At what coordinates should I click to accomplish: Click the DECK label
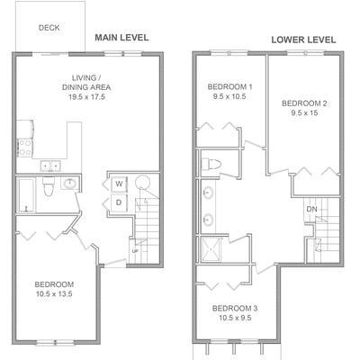point(49,28)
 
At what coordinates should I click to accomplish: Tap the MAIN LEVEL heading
point(121,38)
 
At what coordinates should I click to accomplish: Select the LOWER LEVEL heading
point(303,40)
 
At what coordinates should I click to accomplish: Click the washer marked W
point(119,184)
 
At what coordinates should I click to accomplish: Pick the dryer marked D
point(119,202)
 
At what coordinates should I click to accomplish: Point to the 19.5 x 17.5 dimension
point(86,97)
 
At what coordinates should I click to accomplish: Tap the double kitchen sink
point(50,166)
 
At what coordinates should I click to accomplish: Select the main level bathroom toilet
point(48,186)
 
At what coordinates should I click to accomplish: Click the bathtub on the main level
point(26,194)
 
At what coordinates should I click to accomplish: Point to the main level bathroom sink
point(70,183)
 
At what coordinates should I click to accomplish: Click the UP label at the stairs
point(135,250)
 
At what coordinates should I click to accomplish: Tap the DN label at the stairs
point(312,209)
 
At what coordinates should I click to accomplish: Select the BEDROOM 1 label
point(229,87)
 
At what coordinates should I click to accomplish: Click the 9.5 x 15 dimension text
point(304,113)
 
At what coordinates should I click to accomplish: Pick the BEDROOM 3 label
point(235,309)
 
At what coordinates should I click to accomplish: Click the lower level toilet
point(211,164)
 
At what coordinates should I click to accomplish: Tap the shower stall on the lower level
point(211,249)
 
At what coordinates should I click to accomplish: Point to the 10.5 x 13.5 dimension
point(54,294)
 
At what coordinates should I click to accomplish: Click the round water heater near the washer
point(142,182)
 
